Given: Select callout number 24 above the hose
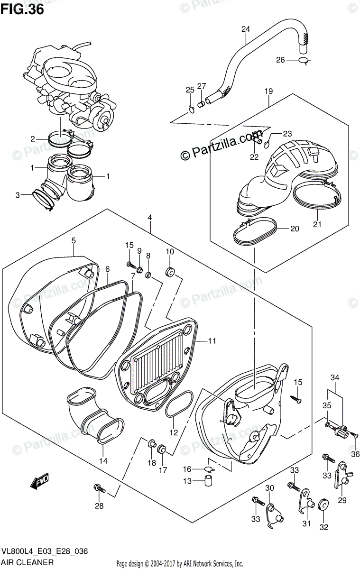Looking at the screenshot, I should [245, 29].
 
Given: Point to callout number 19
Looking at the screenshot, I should [268, 91].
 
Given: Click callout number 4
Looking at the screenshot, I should [150, 218].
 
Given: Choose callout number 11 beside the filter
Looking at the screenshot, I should [212, 340].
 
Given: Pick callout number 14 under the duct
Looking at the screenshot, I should [103, 460].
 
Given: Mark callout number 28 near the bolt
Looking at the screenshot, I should [99, 506].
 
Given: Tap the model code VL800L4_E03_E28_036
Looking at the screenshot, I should [45, 551].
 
